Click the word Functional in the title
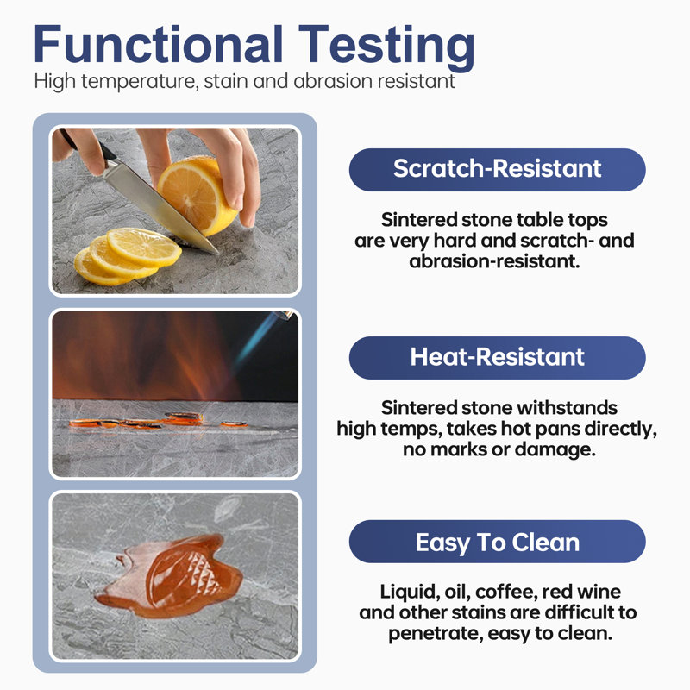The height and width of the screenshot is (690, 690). (158, 44)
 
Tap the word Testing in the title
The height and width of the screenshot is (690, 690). (386, 47)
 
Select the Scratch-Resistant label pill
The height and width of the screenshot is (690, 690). (498, 169)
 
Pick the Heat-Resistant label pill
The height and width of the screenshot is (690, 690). (498, 357)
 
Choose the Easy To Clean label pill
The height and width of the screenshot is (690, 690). (498, 542)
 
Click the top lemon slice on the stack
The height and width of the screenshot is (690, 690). (144, 247)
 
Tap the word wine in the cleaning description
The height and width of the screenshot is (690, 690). (599, 592)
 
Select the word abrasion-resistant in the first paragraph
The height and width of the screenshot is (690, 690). (494, 261)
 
